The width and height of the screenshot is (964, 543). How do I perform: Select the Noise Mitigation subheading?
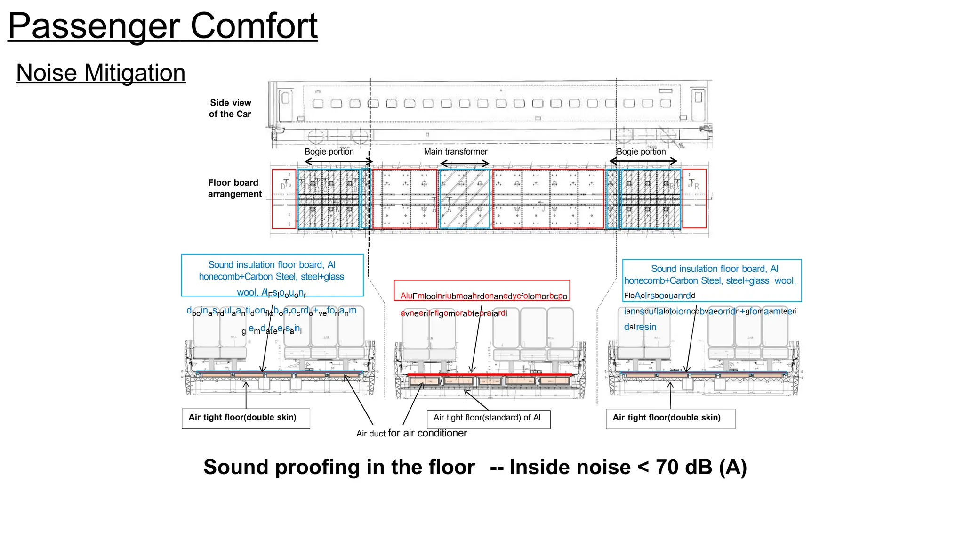tap(101, 73)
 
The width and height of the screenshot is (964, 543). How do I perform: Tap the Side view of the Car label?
tap(230, 108)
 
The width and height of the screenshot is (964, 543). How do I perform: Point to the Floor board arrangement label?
tap(234, 188)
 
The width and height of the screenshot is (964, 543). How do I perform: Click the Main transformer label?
tap(455, 152)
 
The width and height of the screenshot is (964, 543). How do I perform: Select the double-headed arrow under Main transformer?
tap(464, 164)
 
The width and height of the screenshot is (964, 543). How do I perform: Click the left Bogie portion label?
tap(329, 152)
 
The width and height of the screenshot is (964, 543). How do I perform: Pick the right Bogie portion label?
tap(641, 152)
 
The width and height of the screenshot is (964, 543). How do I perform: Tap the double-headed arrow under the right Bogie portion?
tap(643, 161)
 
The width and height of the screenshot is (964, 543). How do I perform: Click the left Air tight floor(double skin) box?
tap(246, 418)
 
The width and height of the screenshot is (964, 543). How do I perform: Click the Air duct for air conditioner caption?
tap(411, 433)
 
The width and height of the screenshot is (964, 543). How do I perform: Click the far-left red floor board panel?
tap(284, 199)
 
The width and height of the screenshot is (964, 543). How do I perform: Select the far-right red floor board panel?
tap(694, 198)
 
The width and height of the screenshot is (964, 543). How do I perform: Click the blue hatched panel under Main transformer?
tap(464, 199)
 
